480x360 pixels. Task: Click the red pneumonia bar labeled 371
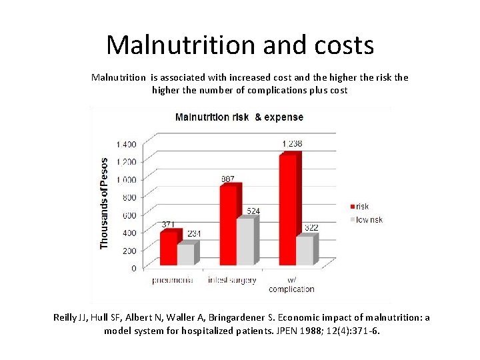tap(169, 247)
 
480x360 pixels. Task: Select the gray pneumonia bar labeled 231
tap(186, 254)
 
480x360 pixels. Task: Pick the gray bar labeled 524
tap(245, 241)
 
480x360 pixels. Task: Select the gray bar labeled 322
tap(305, 250)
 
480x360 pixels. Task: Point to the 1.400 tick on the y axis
tap(126, 144)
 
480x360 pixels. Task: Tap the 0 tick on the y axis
tap(133, 268)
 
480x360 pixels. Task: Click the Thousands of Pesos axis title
tap(104, 203)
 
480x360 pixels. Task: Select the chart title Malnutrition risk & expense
tap(239, 117)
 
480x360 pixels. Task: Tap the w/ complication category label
tap(291, 285)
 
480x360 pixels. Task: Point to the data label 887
tap(228, 179)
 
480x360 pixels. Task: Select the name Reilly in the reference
tap(66, 317)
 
